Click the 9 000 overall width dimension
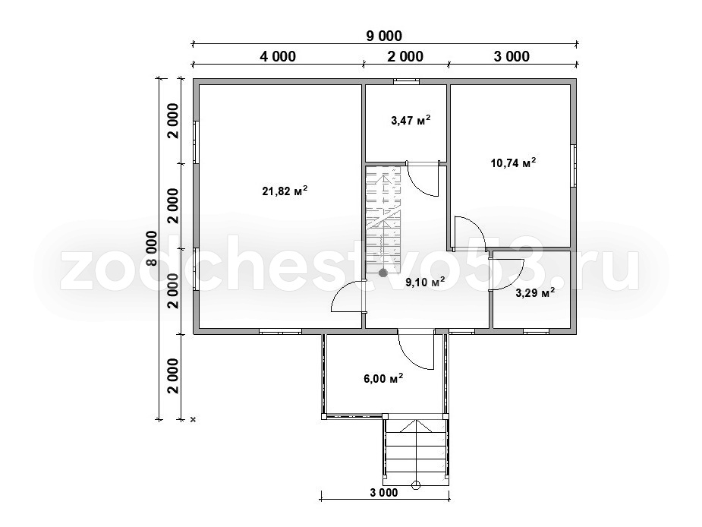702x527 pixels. coord(384,36)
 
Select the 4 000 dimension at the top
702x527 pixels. coord(278,56)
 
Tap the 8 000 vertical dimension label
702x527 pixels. coord(152,249)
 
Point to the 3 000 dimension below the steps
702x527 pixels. coord(384,493)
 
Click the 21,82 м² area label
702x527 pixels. coord(285,191)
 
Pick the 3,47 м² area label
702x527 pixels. coord(411,120)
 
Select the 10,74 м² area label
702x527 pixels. coord(514,163)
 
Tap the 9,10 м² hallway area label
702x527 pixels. coord(425,282)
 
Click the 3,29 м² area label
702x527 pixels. coord(535,293)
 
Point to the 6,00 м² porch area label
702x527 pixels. coord(383,379)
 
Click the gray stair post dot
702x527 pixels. coord(382,273)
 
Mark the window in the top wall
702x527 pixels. coord(407,81)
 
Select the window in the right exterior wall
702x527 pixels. coord(574,166)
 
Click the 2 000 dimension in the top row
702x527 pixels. coord(405,56)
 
